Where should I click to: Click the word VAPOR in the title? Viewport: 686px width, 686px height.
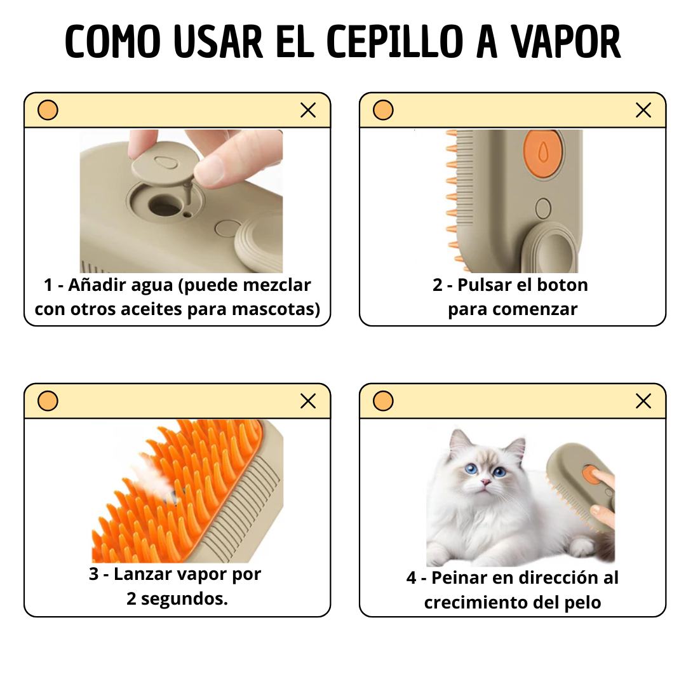click(x=566, y=43)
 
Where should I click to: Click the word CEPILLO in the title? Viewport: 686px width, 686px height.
click(x=395, y=43)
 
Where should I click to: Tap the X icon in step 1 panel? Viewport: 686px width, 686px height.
click(x=308, y=111)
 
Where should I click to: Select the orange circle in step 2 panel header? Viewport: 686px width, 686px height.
click(x=383, y=111)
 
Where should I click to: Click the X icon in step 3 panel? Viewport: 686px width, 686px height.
click(x=308, y=401)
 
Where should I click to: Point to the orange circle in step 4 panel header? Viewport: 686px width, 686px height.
click(x=383, y=401)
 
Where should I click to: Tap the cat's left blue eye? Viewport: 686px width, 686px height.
click(x=471, y=470)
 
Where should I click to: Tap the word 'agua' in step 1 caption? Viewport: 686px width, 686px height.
click(x=151, y=285)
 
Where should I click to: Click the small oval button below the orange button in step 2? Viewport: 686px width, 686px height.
click(x=543, y=208)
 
